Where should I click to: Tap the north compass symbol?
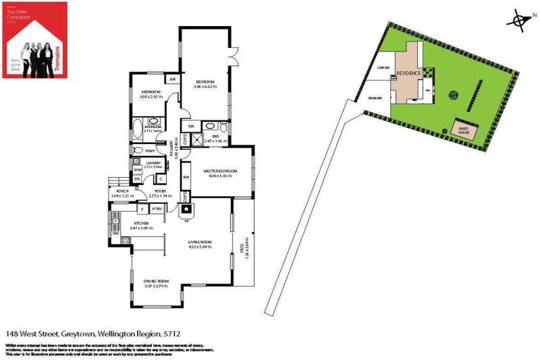[520, 20]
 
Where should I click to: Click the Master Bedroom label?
[219, 172]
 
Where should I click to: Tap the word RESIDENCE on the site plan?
[409, 73]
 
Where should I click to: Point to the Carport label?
[384, 67]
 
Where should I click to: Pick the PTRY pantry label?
[157, 208]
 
